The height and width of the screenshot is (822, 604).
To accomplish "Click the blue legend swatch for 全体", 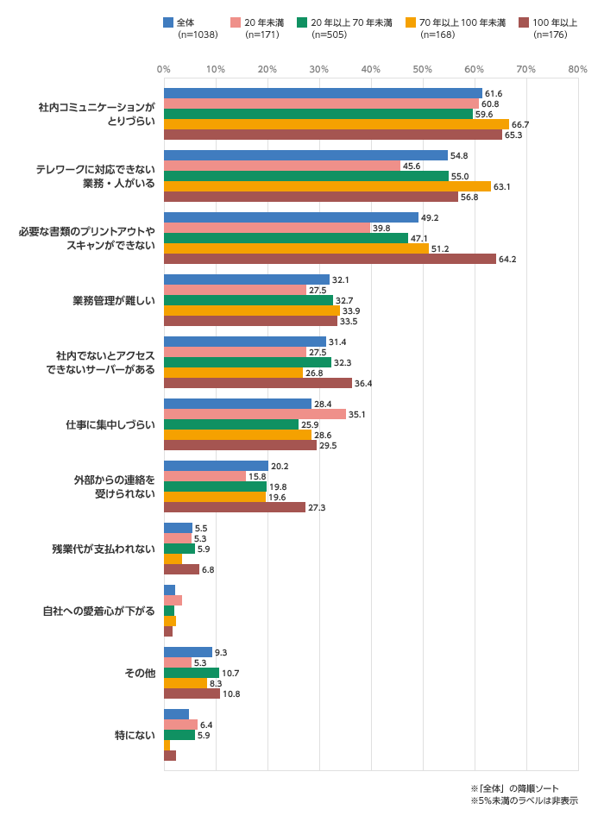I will (x=168, y=22).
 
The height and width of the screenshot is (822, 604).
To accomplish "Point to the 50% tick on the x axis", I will (x=422, y=69).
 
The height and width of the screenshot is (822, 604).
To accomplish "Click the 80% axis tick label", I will (x=577, y=69).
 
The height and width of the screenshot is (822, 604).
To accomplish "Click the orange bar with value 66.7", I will (x=337, y=124).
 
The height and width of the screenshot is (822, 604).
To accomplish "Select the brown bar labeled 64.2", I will (x=330, y=259).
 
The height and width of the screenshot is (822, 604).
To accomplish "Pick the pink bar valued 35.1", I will (x=255, y=414).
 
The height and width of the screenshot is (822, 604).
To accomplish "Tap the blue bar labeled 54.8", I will (x=305, y=155).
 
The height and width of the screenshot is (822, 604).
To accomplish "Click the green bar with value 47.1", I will (x=286, y=238).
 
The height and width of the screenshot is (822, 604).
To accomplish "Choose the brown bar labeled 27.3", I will (x=235, y=507).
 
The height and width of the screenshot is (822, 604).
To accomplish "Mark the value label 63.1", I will (x=503, y=186).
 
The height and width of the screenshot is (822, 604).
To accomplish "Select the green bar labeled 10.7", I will (x=192, y=673).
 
